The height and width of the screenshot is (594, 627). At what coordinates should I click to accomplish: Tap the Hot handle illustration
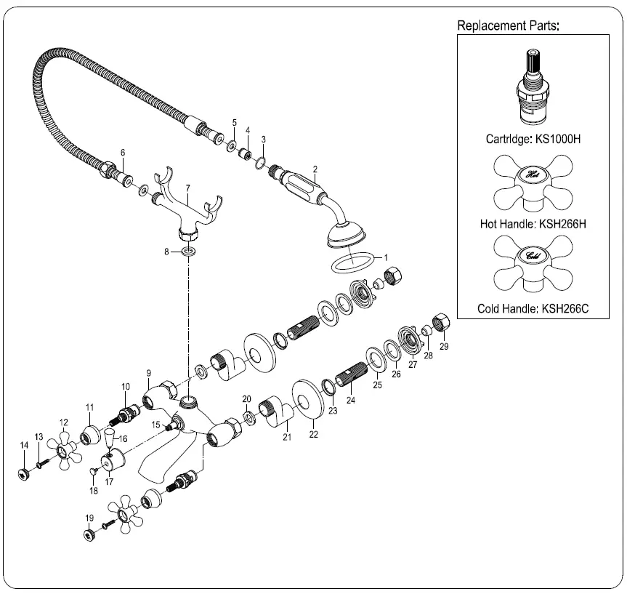(533, 182)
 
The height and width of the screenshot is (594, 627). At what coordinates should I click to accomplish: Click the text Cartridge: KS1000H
(533, 137)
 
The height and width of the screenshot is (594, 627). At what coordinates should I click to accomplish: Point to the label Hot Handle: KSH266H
(533, 224)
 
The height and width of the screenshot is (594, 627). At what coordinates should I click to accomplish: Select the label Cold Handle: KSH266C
(533, 308)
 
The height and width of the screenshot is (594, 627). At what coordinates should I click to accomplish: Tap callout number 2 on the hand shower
(315, 169)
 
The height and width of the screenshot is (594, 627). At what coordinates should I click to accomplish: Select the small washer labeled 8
(189, 251)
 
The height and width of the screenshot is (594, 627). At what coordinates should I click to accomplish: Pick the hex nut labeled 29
(440, 321)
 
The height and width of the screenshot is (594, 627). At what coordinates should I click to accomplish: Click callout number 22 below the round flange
(313, 434)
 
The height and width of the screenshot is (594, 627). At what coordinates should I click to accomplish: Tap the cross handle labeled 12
(65, 450)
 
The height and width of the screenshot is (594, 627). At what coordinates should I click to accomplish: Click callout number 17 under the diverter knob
(110, 481)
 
